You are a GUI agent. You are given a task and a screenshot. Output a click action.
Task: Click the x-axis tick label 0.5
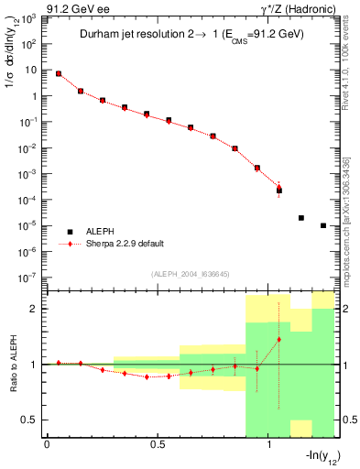tap(158, 444)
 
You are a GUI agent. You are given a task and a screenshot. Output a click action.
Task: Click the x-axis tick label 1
tap(269, 444)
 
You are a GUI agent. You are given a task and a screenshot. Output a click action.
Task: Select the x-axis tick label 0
tap(47, 444)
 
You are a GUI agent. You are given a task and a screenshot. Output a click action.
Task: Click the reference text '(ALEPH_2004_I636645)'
tap(191, 274)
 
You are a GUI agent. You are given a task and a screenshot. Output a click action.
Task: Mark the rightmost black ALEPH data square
tap(323, 225)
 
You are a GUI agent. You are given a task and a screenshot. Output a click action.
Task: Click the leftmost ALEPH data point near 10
tap(59, 73)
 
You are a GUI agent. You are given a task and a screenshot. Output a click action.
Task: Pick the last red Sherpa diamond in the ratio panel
tap(279, 340)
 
